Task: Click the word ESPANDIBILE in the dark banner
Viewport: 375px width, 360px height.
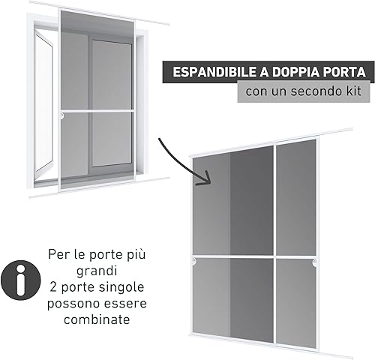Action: point(215,72)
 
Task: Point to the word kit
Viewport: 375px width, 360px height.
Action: point(354,91)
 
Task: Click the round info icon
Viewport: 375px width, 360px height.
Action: point(20,280)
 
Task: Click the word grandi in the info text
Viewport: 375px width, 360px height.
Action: point(97,271)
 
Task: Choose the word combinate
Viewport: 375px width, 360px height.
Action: point(97,319)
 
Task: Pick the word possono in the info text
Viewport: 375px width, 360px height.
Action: point(72,304)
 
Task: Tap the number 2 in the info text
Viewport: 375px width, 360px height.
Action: point(53,286)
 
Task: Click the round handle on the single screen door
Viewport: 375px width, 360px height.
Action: point(62,115)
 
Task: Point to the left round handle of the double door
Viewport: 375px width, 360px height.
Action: point(194,262)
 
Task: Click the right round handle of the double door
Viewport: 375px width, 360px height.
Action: point(314,262)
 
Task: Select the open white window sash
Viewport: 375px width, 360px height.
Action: point(43,103)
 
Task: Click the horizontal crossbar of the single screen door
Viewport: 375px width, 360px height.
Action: point(97,110)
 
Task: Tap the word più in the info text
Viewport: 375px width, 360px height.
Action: point(137,255)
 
